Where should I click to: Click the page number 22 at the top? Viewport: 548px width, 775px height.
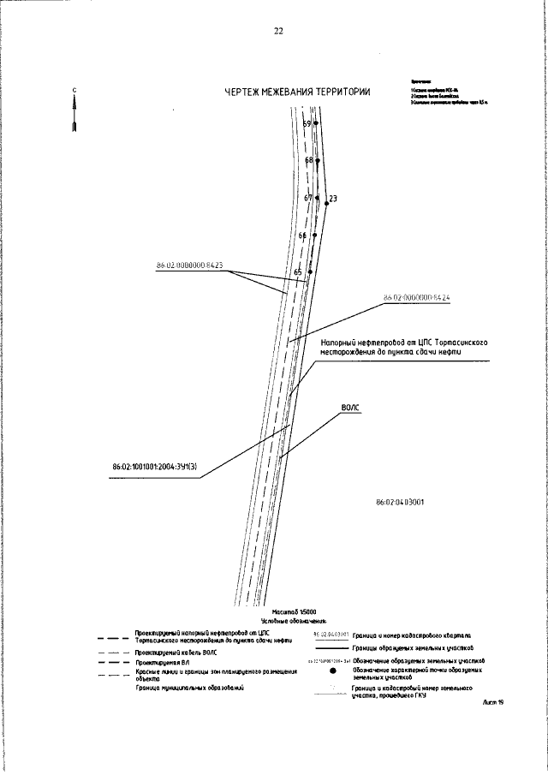(x=278, y=32)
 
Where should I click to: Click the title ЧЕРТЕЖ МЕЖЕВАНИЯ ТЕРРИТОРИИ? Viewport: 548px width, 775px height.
(x=297, y=92)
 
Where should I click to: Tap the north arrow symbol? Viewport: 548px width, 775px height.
(x=75, y=112)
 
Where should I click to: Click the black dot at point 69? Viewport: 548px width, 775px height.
(x=316, y=123)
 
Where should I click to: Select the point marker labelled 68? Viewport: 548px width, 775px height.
(x=318, y=160)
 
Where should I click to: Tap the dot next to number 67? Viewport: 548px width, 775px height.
(x=317, y=198)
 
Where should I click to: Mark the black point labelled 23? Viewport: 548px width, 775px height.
(x=326, y=204)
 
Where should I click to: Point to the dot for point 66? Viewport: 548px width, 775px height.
(x=314, y=235)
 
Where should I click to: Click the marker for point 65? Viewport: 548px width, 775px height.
(x=310, y=271)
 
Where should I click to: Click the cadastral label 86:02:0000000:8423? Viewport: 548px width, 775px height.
(x=189, y=265)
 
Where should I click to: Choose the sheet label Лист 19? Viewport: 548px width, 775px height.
(x=493, y=702)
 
